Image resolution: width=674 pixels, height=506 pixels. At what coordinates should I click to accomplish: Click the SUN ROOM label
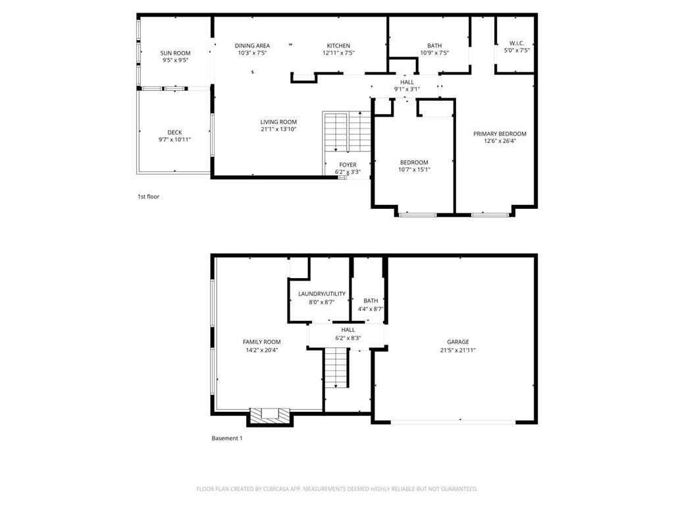(175, 53)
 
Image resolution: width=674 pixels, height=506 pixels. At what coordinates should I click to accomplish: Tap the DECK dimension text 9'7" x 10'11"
(174, 140)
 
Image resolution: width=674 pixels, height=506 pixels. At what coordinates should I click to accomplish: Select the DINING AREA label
(252, 45)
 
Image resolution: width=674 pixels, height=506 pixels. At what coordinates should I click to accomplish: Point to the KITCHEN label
(339, 45)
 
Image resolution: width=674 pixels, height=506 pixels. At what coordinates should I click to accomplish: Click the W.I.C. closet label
(517, 43)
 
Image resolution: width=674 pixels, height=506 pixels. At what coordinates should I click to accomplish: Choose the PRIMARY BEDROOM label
(500, 133)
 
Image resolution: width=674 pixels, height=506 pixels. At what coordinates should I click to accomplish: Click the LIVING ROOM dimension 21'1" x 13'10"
(278, 129)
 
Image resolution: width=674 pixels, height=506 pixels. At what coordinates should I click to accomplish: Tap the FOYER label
(348, 165)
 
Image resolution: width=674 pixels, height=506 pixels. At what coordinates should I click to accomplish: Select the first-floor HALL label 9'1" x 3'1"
(407, 86)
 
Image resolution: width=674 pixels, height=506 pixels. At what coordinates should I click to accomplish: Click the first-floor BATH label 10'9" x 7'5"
(434, 49)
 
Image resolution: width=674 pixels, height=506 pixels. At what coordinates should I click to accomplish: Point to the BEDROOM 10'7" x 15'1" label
(414, 165)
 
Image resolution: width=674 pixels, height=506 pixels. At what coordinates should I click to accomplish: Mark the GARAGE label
(458, 342)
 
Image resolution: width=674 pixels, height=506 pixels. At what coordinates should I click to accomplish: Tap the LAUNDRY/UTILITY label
(322, 294)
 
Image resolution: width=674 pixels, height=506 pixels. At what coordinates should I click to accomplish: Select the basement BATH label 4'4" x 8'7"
(371, 304)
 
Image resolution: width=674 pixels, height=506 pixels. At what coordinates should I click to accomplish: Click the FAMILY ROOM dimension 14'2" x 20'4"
(262, 351)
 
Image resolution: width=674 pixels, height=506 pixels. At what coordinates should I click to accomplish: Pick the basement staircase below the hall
(336, 368)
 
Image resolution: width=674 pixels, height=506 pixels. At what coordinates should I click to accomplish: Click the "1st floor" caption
(148, 196)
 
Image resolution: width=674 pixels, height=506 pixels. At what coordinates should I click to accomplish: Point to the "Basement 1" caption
(227, 438)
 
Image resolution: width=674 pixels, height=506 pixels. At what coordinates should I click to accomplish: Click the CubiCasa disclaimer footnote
(337, 489)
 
